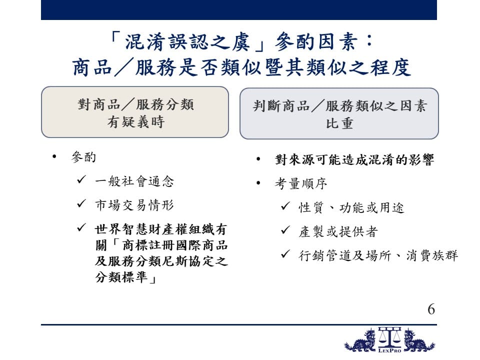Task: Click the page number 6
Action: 431,309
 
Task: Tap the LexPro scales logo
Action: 389,340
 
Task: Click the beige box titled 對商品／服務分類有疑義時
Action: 135,112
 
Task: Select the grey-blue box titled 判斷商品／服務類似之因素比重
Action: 339,113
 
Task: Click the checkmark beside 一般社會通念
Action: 81,179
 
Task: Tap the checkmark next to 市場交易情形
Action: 81,203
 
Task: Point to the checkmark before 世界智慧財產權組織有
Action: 81,227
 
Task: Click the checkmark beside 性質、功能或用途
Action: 285,206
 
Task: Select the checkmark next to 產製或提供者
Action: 285,230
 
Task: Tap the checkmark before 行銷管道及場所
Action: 285,254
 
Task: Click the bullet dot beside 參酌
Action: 54,157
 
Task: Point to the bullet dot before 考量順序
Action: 258,183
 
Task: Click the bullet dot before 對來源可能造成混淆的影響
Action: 258,159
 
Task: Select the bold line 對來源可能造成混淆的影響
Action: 354,159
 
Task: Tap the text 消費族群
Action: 432,255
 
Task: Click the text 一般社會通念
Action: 134,181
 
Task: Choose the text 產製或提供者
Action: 338,231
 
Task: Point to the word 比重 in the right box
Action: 339,123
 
